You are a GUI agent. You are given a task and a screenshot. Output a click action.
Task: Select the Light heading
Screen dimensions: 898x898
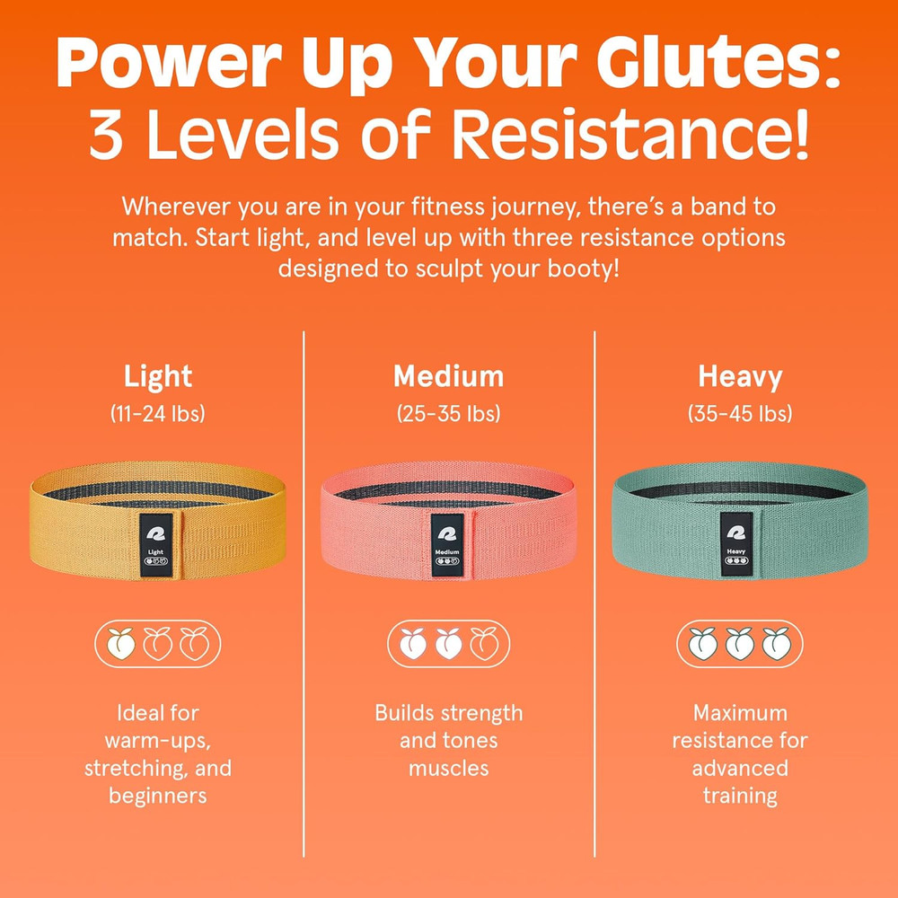[158, 376]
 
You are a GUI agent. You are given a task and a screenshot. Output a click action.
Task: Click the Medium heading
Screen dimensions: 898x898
[448, 376]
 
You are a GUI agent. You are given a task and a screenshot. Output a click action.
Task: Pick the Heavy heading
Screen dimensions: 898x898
[740, 376]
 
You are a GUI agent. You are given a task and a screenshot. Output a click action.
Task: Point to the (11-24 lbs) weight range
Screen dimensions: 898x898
[158, 414]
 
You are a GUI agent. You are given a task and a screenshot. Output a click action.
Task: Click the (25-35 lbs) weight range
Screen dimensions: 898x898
[448, 414]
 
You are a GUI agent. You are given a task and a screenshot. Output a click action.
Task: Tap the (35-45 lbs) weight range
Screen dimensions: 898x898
[740, 414]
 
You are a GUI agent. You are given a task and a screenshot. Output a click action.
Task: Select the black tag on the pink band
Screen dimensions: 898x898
[448, 542]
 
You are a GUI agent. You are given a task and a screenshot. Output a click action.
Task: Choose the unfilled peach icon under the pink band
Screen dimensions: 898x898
[485, 643]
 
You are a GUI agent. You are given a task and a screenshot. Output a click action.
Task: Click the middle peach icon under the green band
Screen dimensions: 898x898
[739, 643]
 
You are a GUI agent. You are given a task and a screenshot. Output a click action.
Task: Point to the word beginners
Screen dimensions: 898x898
[158, 796]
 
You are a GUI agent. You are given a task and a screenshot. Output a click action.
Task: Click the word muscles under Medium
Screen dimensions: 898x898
[448, 769]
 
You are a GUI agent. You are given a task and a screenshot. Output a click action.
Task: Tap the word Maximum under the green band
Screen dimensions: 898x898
[740, 713]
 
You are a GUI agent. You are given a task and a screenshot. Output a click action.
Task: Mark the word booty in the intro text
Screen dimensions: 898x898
[576, 269]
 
